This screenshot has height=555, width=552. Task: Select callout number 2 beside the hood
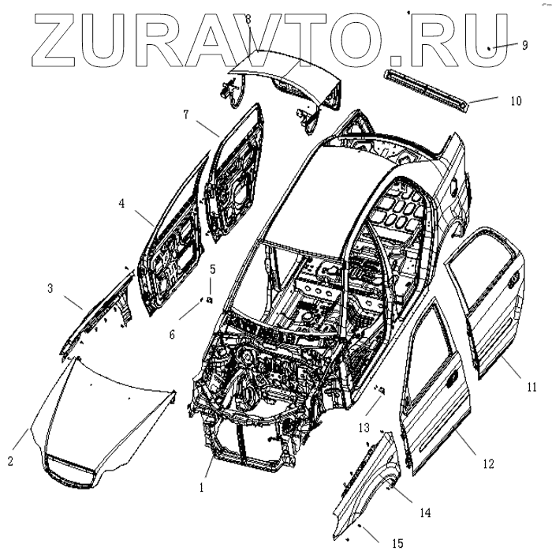point(10,461)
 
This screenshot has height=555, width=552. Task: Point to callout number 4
point(122,203)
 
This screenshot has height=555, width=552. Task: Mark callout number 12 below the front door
point(488,464)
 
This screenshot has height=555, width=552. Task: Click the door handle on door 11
point(513,277)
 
